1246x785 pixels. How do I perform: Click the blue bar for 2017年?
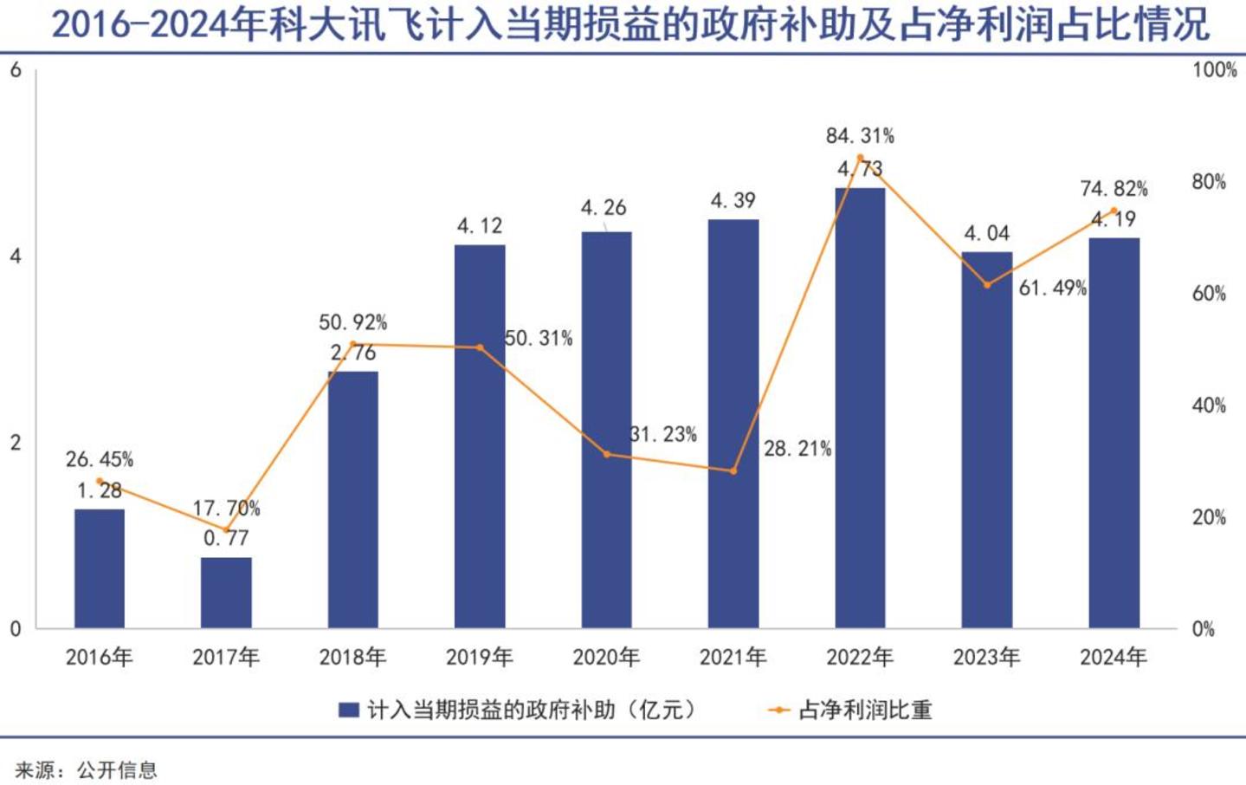226,593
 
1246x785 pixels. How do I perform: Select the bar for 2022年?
860,408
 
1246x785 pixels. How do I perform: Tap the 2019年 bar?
480,437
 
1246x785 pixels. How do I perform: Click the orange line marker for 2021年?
733,471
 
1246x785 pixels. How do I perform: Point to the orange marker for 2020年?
607,454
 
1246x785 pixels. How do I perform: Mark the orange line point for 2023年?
987,285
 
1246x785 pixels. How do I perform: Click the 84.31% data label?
860,136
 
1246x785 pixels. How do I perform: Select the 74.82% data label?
1114,189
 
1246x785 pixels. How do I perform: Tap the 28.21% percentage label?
797,449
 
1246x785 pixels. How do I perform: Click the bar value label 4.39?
733,200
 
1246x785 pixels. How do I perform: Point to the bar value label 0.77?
226,538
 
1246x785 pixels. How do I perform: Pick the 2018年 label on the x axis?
352,658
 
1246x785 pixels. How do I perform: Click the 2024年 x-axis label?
1114,658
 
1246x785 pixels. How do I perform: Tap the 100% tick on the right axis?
1214,70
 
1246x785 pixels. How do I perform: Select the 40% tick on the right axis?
1209,405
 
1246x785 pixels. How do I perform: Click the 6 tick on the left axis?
16,70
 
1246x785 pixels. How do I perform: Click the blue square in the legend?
349,710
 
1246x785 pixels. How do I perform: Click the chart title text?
630,24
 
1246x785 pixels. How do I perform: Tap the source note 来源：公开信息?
87,770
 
